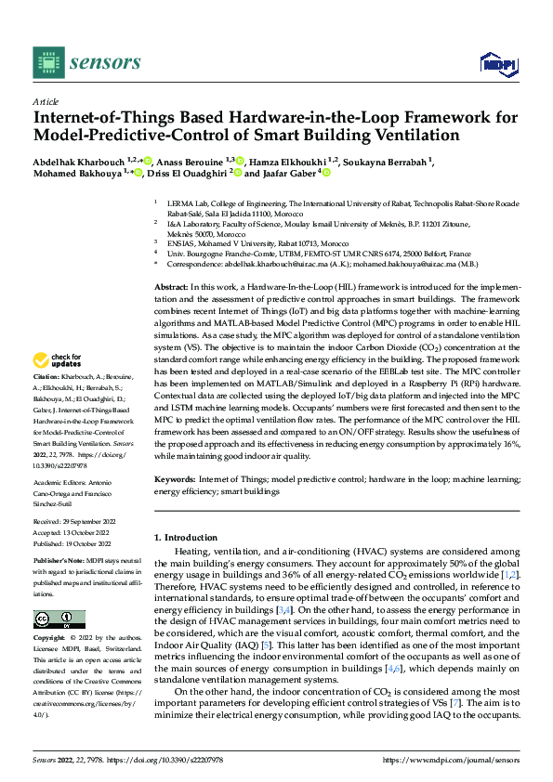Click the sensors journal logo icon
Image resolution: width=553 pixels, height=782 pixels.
47,62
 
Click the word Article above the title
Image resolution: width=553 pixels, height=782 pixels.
46,100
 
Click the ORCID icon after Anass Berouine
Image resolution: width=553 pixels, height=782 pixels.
240,161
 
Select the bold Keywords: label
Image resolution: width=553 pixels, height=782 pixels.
175,479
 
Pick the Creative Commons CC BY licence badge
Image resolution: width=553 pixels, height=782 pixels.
59,619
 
